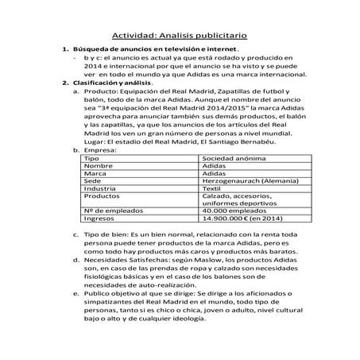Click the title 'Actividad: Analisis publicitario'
tap(179, 36)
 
